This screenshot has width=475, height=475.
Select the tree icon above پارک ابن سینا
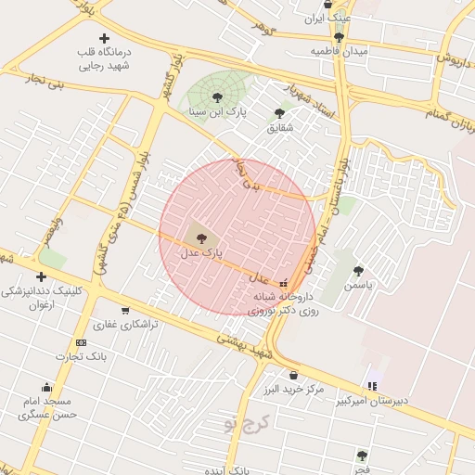pos(217,96)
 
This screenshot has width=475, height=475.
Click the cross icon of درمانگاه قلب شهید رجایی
pos(104,39)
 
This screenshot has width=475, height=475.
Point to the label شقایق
pos(278,127)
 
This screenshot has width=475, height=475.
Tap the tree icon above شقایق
pos(279,113)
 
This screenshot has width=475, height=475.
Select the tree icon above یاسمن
pos(358,271)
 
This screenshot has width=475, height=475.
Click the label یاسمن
pos(358,286)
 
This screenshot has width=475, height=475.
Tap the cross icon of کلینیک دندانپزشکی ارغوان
pos(41,276)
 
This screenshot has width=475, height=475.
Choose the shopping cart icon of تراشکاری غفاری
pos(125,311)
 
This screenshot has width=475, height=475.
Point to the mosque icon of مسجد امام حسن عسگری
pos(46,387)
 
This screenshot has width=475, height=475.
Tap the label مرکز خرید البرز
pos(292,389)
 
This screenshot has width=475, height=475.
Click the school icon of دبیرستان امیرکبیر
pos(372,386)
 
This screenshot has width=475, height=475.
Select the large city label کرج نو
pos(244,424)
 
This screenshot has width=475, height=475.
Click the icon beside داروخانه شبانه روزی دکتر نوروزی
pos(284,282)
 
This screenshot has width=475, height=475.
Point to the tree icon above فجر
pos(362,456)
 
